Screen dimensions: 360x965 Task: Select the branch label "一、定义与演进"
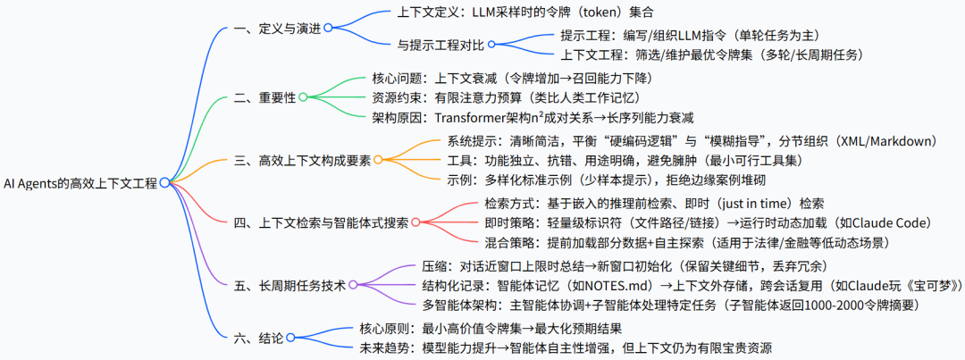tap(275, 28)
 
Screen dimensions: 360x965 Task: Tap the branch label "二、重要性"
tap(263, 96)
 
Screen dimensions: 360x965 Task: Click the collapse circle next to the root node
tap(164, 182)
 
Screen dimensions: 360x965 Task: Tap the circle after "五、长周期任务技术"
tap(353, 285)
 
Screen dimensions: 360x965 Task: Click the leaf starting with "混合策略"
tap(688, 242)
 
